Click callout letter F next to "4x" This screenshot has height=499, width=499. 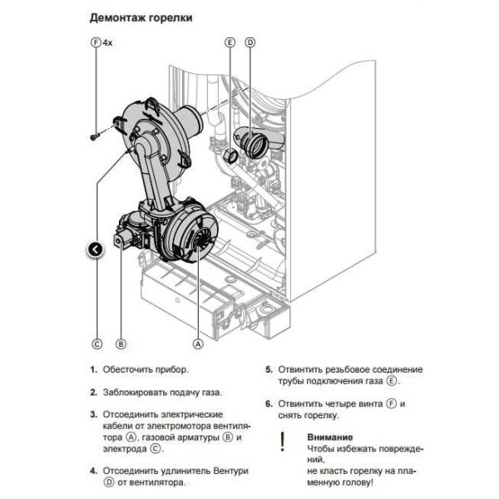[95, 41]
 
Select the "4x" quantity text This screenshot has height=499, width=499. [107, 41]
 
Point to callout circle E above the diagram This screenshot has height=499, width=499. [230, 41]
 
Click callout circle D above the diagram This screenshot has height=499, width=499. [249, 41]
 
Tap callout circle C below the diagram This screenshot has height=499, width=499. [96, 343]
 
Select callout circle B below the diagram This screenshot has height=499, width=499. [121, 343]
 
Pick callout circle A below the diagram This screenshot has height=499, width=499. [198, 343]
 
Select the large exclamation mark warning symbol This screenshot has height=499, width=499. [282, 442]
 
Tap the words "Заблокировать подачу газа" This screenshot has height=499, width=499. [162, 391]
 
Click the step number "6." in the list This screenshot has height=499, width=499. [269, 404]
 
